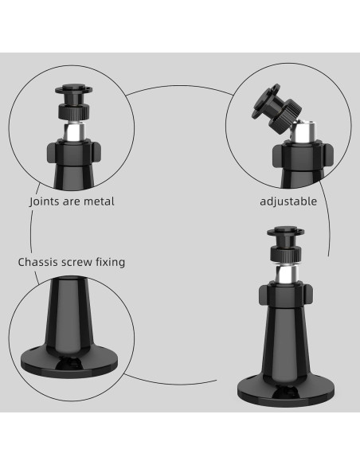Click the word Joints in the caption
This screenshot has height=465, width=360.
coord(45,201)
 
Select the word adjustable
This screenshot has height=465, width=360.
coord(288,201)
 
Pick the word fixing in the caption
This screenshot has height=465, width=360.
coord(112,261)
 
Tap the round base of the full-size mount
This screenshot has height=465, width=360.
coord(284,390)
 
